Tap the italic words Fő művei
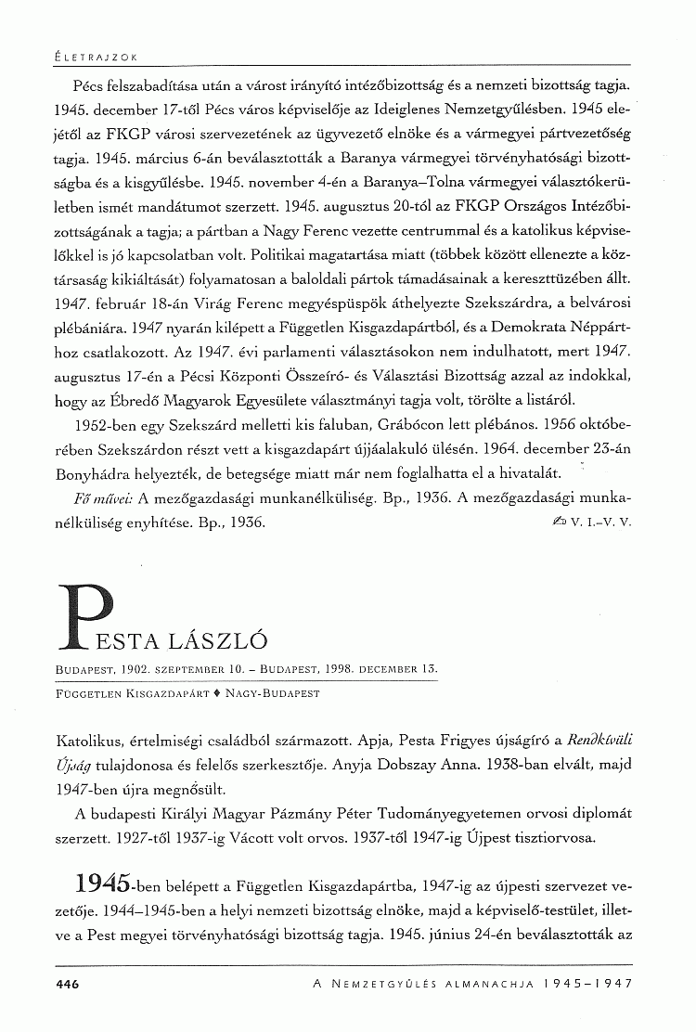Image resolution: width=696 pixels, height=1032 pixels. click(103, 497)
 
